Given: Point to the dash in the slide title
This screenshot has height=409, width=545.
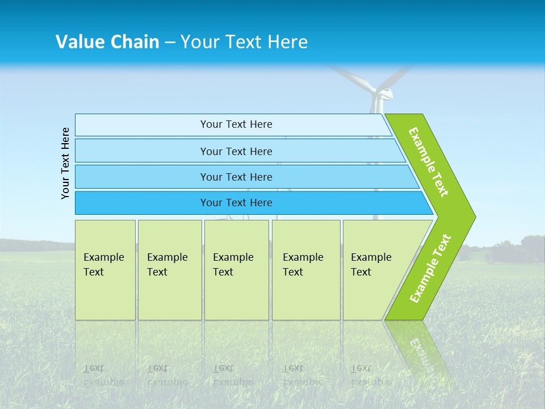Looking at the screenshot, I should (x=170, y=43).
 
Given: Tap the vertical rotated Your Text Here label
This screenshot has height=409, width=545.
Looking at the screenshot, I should (x=65, y=163).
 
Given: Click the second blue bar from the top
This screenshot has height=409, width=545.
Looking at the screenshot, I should (x=236, y=151).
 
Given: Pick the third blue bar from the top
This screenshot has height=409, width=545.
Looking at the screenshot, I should (x=236, y=177).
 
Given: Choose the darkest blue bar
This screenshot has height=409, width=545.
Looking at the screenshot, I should (x=236, y=203).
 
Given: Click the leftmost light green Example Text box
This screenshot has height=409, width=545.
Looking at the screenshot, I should (x=105, y=270).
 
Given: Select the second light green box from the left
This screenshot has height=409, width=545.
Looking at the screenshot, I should (x=169, y=270).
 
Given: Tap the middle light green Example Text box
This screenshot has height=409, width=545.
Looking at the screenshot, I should (x=236, y=270).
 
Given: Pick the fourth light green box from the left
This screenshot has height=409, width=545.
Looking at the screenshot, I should (x=306, y=270).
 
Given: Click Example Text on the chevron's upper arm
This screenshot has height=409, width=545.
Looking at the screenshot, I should (x=429, y=162).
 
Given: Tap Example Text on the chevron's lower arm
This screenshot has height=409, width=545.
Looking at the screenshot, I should (x=430, y=269).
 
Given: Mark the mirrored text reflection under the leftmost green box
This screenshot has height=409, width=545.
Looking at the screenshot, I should (x=103, y=375).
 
